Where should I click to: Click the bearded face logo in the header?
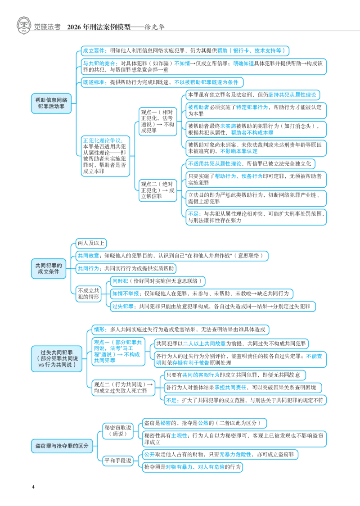[x=23, y=26]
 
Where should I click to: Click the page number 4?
[x=33, y=487]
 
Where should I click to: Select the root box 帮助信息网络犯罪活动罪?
[x=51, y=103]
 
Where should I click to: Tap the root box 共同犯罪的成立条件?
[x=49, y=268]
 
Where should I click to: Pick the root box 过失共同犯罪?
[x=56, y=358]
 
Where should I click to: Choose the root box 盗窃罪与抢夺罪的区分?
[x=62, y=446]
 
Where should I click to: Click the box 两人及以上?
[x=91, y=243]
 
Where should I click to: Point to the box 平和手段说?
[x=118, y=461]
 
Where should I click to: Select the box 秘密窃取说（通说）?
[x=118, y=431]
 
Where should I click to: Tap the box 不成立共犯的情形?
[x=88, y=294]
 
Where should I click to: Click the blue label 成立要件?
[x=94, y=51]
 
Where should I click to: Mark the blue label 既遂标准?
[x=94, y=82]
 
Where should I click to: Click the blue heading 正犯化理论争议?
[x=103, y=140]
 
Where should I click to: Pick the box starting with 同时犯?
[x=157, y=281]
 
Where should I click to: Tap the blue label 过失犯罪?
[x=122, y=306]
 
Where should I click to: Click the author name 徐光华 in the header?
[x=154, y=27]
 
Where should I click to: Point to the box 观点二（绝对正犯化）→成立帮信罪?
[x=158, y=190]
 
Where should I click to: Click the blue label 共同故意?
[x=88, y=256]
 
